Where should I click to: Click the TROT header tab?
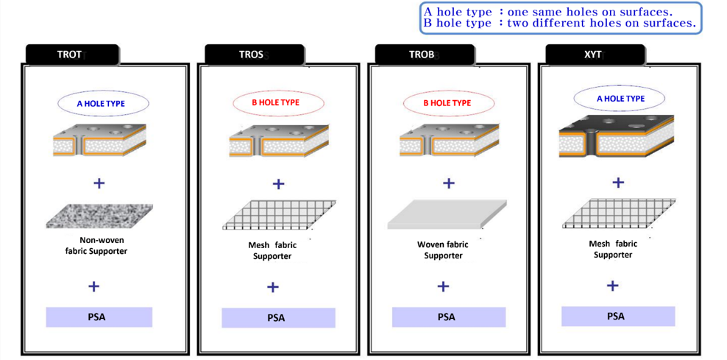coord(71,54)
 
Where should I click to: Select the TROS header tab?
coord(253,54)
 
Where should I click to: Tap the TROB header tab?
coord(423,54)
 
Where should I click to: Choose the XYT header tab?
coord(594,54)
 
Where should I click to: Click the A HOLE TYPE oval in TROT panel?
coord(101,104)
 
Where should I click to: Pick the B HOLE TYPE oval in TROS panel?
coord(275,103)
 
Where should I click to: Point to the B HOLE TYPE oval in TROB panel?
coord(447,103)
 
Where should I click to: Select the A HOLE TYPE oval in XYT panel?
coord(620,99)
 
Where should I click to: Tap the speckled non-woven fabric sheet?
coord(99,216)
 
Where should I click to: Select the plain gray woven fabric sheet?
coord(447,214)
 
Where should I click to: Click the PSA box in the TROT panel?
coord(99,317)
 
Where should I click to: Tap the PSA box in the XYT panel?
coord(617,317)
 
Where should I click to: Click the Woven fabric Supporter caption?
coord(443,250)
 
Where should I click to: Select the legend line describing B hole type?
coord(559,24)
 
